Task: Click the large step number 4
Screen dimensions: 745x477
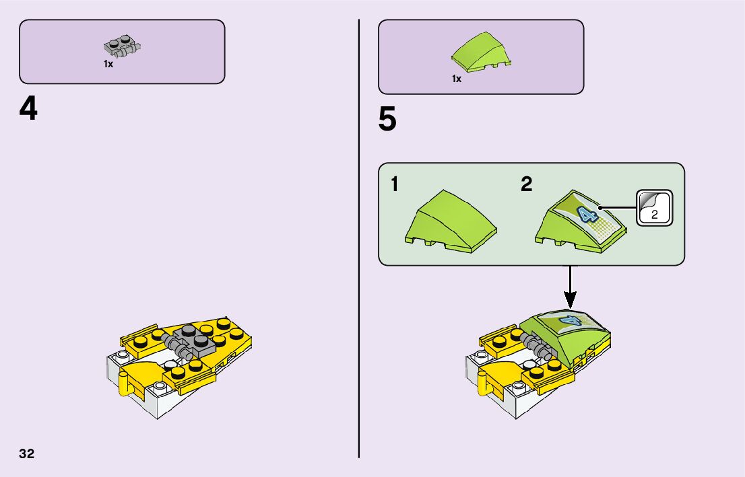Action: tap(28, 110)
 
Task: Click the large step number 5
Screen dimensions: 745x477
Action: tap(387, 120)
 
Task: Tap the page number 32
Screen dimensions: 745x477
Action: tap(27, 453)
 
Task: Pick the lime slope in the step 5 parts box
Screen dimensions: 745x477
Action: tap(481, 52)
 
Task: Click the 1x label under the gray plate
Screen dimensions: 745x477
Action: tap(108, 65)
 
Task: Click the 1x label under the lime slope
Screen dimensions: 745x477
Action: tap(457, 79)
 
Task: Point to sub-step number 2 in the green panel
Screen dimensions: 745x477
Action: tap(527, 184)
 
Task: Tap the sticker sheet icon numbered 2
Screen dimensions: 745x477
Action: tap(654, 208)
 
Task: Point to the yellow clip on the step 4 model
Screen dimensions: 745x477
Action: tap(124, 383)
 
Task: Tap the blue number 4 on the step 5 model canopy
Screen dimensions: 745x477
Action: tap(570, 322)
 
